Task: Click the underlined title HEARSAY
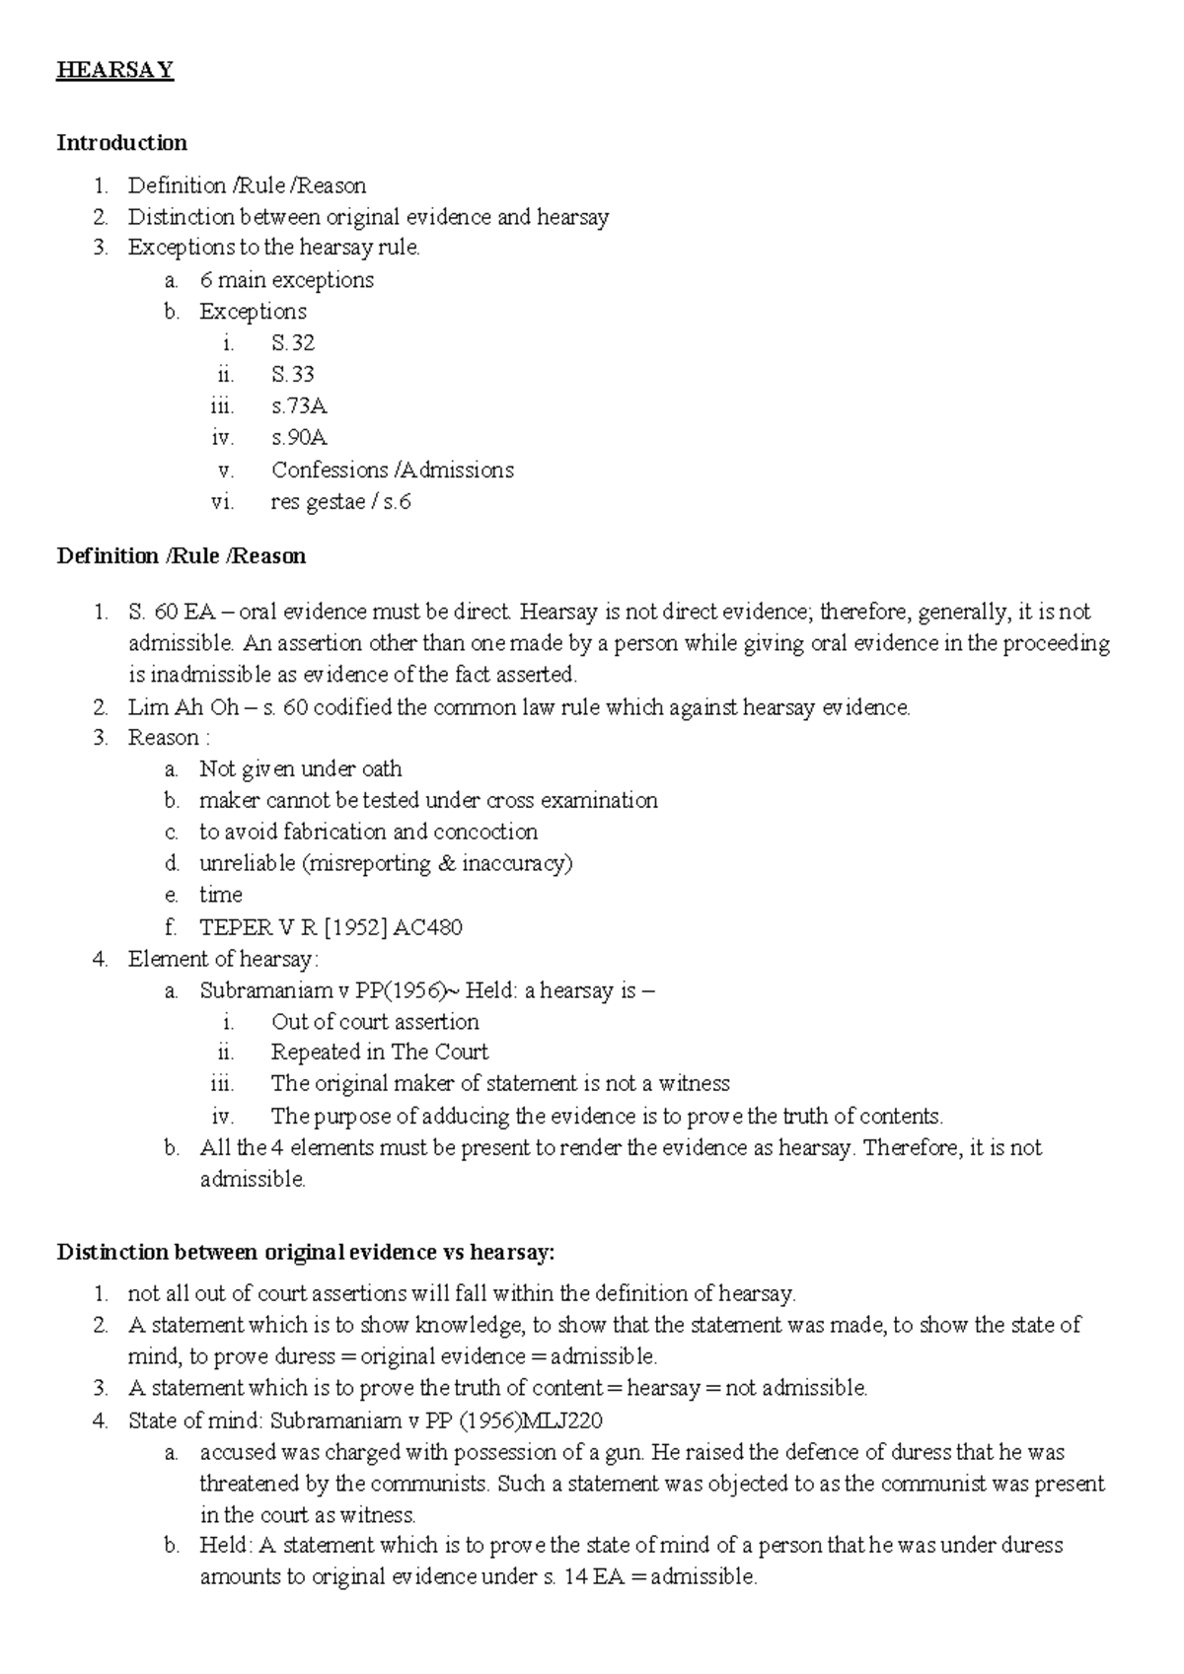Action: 115,70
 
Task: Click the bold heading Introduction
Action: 121,143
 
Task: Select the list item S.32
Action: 293,343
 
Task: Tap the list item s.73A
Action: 299,406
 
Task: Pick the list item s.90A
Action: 299,438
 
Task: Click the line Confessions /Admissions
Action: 393,470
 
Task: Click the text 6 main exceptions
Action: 286,280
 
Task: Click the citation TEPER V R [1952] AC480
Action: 331,927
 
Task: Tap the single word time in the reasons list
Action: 220,895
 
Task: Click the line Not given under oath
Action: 300,769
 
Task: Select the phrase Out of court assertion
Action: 375,1022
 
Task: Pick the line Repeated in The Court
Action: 380,1053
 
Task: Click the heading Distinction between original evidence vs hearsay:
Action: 306,1253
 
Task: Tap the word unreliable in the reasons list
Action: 247,864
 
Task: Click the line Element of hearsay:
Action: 223,959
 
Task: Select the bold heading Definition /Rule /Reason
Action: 182,556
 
